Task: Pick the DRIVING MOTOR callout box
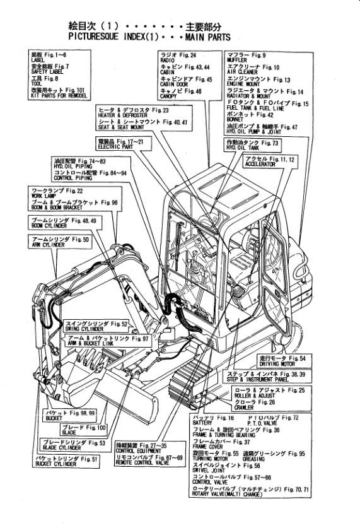click(x=282, y=361)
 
